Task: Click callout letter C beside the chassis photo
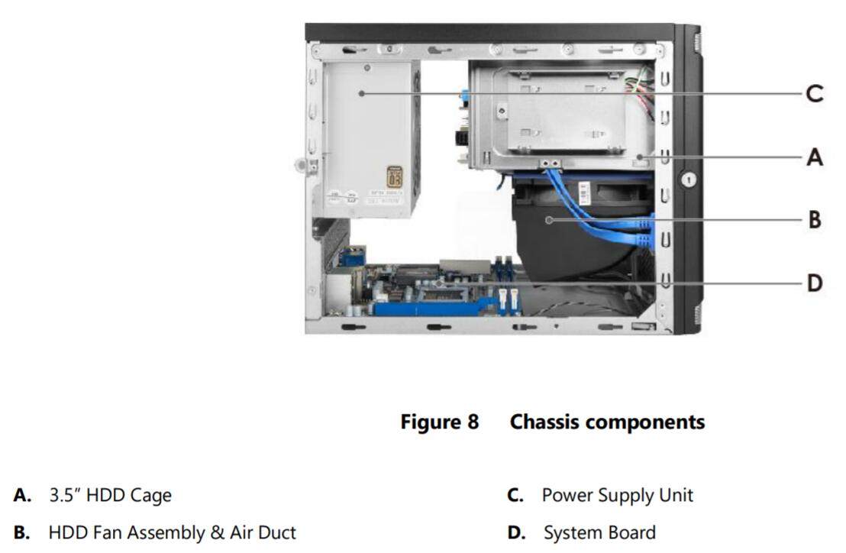(x=815, y=94)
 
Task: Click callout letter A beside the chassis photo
(x=815, y=157)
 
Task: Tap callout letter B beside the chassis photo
(x=815, y=220)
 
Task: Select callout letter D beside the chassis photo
(x=815, y=283)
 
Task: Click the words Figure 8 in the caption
(x=439, y=422)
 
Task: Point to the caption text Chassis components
(x=607, y=422)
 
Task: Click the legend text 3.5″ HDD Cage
(x=110, y=496)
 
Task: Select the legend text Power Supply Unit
(x=617, y=495)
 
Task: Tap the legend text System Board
(x=599, y=532)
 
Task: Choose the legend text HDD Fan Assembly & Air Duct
(x=172, y=532)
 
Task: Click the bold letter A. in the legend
(x=22, y=496)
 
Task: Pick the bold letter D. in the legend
(x=517, y=532)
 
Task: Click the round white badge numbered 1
(x=688, y=180)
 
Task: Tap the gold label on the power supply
(x=395, y=177)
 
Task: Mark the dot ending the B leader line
(x=550, y=220)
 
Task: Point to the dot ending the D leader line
(x=441, y=283)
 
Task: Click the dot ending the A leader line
(x=640, y=157)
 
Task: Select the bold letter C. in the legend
(x=515, y=496)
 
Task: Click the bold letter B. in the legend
(x=22, y=532)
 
